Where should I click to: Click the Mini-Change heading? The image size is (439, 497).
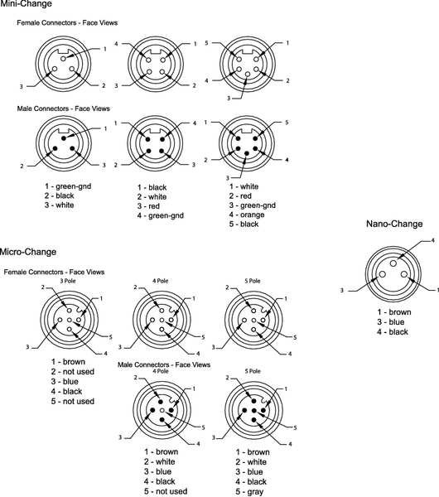pyautogui.click(x=26, y=4)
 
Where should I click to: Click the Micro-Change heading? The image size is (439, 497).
pyautogui.click(x=28, y=252)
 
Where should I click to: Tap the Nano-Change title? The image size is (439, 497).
pyautogui.click(x=394, y=224)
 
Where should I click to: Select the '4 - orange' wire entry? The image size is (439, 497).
pyautogui.click(x=247, y=215)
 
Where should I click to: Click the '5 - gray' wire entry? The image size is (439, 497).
pyautogui.click(x=249, y=491)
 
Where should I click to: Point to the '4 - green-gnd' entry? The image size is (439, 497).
pyautogui.click(x=161, y=215)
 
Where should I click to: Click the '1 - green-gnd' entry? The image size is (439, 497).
pyautogui.click(x=68, y=186)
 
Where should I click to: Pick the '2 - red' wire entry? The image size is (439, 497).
pyautogui.click(x=240, y=195)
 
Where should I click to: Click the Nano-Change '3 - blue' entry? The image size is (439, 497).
pyautogui.click(x=390, y=322)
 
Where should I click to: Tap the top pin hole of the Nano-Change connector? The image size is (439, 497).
pyautogui.click(x=393, y=263)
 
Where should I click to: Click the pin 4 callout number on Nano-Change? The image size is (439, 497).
pyautogui.click(x=432, y=240)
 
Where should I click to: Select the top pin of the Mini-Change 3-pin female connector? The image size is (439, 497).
pyautogui.click(x=63, y=59)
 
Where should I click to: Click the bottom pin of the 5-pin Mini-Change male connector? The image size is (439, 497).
pyautogui.click(x=247, y=153)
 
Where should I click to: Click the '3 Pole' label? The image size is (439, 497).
pyautogui.click(x=68, y=281)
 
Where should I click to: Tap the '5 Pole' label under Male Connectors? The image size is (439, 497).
pyautogui.click(x=253, y=371)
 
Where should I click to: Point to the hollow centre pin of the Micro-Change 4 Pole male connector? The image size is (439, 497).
pyautogui.click(x=162, y=411)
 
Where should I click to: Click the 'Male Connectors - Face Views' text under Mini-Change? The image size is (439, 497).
pyautogui.click(x=64, y=109)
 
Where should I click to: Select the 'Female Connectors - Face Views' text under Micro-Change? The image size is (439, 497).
pyautogui.click(x=54, y=272)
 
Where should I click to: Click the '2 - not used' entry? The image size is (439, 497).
pyautogui.click(x=73, y=371)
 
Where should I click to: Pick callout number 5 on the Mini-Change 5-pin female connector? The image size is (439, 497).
pyautogui.click(x=206, y=42)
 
